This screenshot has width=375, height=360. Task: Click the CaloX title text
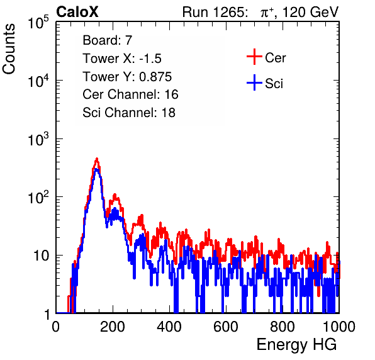pos(77,12)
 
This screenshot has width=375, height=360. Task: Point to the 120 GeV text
pos(310,12)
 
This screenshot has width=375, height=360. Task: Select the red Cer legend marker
pos(254,57)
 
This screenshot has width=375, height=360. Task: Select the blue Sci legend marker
pos(254,82)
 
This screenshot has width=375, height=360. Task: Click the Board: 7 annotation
pos(108,40)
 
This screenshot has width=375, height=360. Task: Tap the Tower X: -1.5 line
pos(122,59)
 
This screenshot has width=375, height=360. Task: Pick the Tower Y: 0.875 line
pos(127,77)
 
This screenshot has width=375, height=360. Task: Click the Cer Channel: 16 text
pos(130,94)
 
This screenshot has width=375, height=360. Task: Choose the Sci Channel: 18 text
pos(129,113)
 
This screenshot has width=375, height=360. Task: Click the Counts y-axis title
pos(9,49)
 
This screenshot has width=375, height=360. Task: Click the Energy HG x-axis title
pos(296,345)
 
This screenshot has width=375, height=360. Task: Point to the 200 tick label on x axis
pos(113,327)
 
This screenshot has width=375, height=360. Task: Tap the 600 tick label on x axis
pos(226,327)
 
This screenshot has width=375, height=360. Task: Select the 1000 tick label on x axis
pos(339,327)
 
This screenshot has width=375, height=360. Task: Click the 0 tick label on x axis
pos(55,327)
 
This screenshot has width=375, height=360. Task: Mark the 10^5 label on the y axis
pos(38,22)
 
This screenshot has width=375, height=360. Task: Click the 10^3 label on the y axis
pos(38,139)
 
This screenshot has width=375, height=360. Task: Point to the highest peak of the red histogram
pos(97,159)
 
